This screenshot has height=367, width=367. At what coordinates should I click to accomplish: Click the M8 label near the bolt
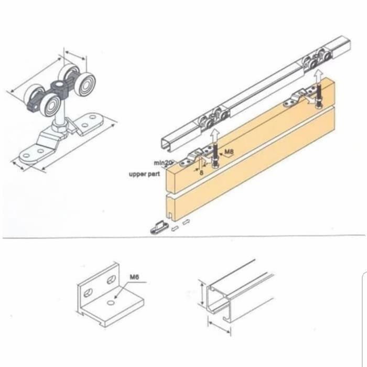[229, 153]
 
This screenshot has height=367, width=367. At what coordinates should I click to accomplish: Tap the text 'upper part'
[144, 174]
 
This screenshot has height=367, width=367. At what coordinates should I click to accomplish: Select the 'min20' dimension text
[163, 163]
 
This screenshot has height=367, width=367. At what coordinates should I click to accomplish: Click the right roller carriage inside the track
[317, 58]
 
